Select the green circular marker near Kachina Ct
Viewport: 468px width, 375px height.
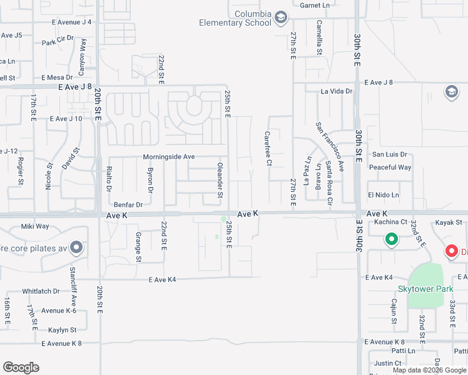coord(392,239)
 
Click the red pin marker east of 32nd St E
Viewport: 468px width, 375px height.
coord(451,251)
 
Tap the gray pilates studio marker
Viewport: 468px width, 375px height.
coord(76,248)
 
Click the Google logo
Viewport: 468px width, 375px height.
coord(21,367)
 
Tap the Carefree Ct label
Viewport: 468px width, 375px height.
coord(268,148)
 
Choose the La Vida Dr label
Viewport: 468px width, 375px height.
coord(337,91)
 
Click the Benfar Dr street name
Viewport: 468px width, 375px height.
coord(128,204)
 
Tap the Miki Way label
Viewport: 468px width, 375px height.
coord(35,226)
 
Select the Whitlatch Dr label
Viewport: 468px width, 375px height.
coord(41,291)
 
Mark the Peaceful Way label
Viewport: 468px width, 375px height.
coord(390,167)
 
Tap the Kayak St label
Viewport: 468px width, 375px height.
coord(449,222)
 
